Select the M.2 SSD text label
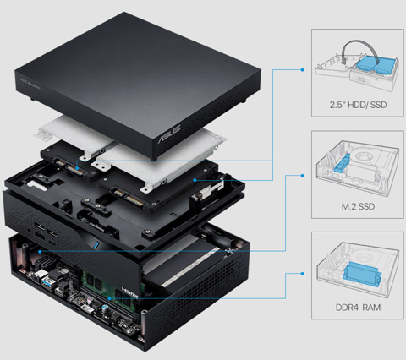[x=354, y=205]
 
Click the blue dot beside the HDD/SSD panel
[x=303, y=70]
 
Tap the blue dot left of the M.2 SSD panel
[x=303, y=175]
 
